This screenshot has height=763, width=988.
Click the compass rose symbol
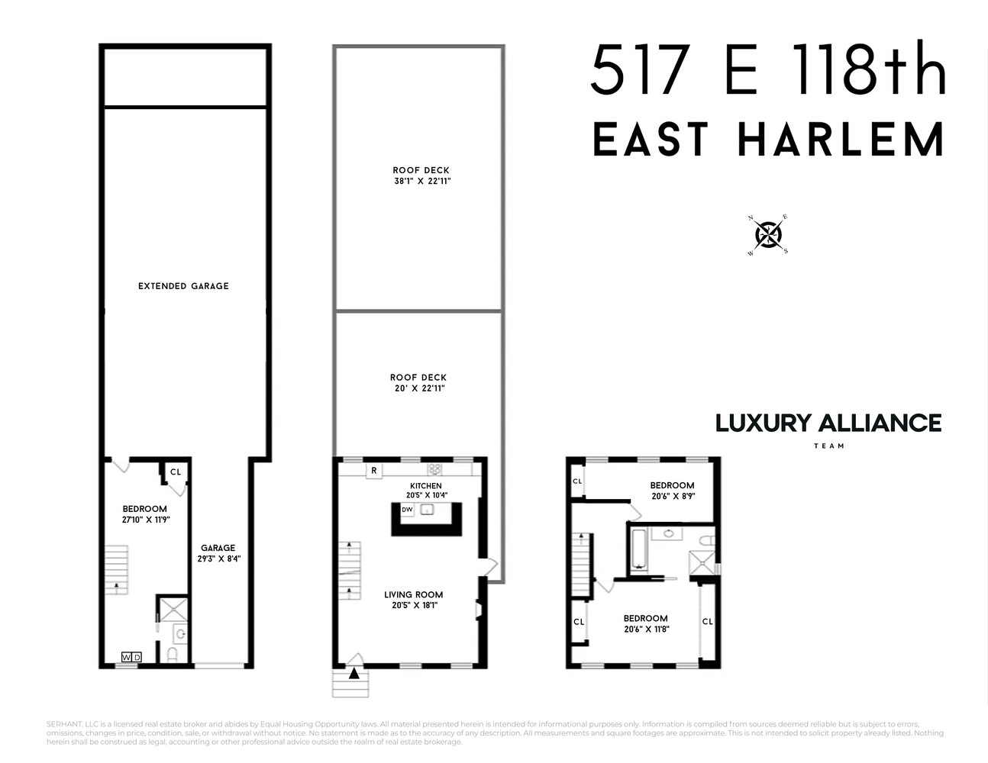pos(767,234)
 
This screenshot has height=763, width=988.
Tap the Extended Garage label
pos(183,286)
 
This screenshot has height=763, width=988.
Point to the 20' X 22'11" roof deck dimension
pos(418,388)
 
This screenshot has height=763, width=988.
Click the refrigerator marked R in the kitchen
pos(373,471)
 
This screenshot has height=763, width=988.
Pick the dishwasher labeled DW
pos(407,510)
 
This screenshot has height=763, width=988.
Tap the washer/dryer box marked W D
pos(131,657)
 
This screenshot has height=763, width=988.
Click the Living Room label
pos(414,594)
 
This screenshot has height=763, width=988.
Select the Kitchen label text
pos(425,486)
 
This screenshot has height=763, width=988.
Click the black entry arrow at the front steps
pos(354,673)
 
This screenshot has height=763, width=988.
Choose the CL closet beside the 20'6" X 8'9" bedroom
pos(577,481)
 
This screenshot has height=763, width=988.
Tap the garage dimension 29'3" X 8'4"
pos(218,559)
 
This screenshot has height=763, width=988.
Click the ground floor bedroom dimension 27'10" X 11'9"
pos(145,520)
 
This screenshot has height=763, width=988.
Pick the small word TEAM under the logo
pos(828,446)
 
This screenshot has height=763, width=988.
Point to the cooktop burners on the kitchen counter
pos(434,469)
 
